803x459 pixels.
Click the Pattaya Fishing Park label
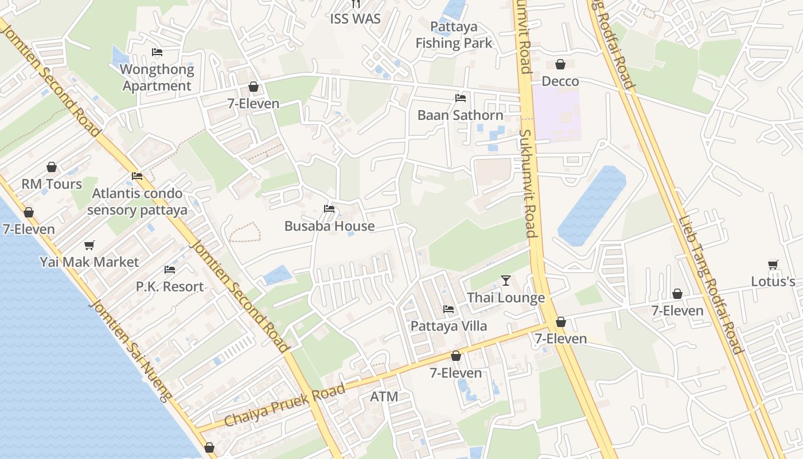point(454,35)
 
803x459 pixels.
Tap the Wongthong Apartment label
point(157,77)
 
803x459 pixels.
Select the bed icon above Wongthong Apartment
point(157,52)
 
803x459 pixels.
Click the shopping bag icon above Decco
point(560,64)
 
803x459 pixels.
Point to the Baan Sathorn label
point(460,115)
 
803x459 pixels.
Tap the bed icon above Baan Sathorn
point(460,98)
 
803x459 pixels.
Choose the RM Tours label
point(52,184)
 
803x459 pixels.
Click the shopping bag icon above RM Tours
point(52,168)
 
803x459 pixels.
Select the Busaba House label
point(329,226)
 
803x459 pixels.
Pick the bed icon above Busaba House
point(329,209)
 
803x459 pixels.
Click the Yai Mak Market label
point(89,262)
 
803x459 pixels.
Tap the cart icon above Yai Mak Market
point(89,246)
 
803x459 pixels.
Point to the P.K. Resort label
point(170,286)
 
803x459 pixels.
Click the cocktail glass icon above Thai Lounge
point(505,281)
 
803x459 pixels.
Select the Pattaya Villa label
point(449,326)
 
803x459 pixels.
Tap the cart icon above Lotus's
point(773,265)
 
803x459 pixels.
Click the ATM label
point(384,396)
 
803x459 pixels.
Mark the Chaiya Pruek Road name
point(284,405)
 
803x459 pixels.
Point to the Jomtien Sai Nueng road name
point(130,351)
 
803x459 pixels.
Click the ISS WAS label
point(356,18)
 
